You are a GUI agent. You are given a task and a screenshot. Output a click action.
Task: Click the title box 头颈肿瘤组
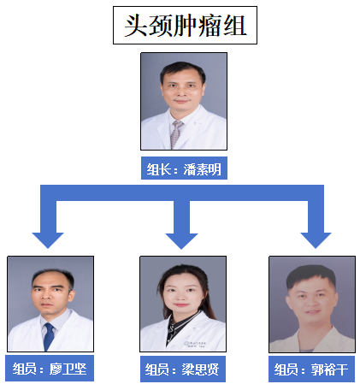[185, 26]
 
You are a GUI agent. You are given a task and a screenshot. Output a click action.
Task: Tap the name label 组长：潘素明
[184, 168]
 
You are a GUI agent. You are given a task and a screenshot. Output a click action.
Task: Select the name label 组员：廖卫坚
[50, 369]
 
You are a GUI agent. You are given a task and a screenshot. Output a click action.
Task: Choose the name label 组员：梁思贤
[183, 369]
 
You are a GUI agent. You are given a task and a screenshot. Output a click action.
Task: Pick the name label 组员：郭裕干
[311, 369]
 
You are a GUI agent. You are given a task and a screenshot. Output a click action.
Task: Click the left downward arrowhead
[48, 240]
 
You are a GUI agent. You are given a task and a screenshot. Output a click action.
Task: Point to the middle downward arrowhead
[181, 241]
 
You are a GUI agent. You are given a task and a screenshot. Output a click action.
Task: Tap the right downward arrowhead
[316, 240]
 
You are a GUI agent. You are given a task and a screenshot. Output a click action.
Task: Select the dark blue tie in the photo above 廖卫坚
[49, 336]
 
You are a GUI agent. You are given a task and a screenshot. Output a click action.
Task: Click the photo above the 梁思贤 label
[183, 304]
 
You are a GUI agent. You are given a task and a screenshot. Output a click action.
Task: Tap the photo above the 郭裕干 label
[312, 304]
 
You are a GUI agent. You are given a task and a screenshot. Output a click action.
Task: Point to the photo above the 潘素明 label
[184, 101]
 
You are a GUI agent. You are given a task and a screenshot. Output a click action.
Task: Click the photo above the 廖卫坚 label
[50, 304]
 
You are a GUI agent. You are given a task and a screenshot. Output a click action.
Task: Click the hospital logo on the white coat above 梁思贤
[196, 344]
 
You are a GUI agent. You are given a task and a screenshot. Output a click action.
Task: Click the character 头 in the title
[136, 26]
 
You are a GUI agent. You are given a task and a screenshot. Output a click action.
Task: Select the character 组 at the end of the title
[235, 26]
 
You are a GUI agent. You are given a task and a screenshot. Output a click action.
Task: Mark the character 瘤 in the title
[210, 26]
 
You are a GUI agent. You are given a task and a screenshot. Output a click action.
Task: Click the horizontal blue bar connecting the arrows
[182, 192]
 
